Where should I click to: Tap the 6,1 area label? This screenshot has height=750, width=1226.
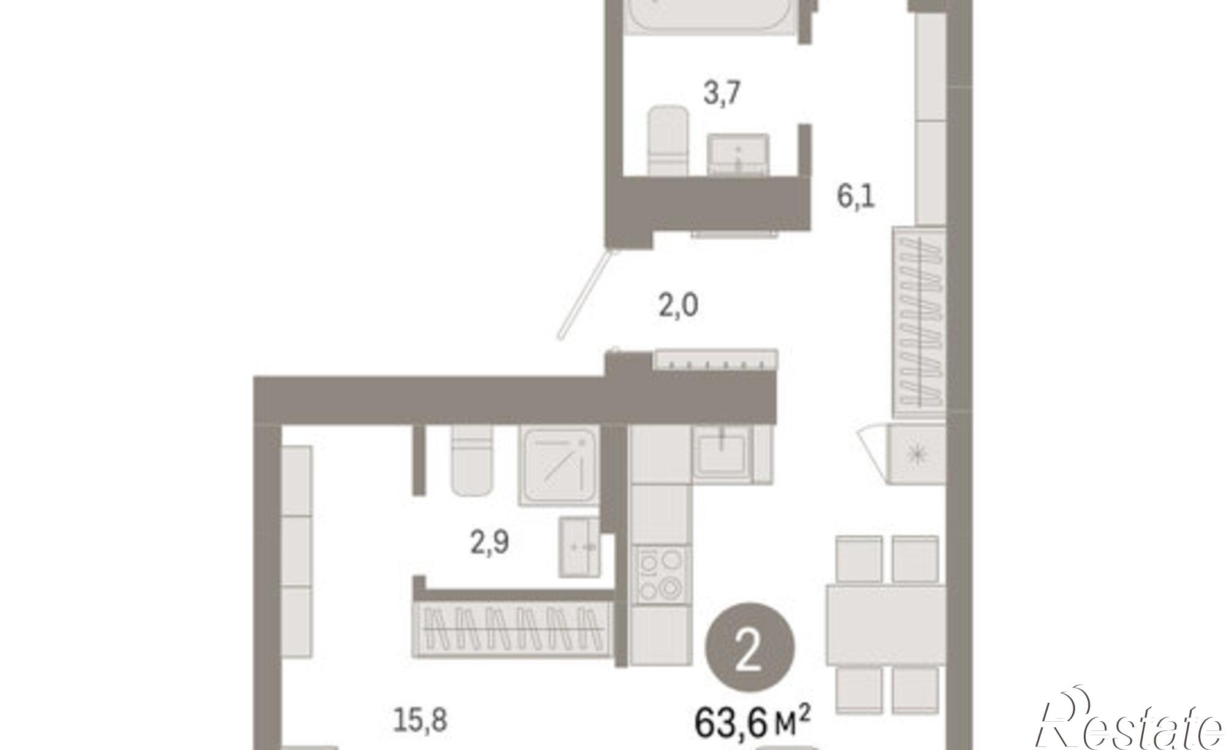[856, 197]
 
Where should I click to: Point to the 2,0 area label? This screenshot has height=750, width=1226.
[679, 305]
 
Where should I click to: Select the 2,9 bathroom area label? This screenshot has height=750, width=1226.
[490, 543]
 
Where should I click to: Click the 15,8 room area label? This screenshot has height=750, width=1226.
[420, 721]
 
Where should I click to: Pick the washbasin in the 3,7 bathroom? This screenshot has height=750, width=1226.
[738, 155]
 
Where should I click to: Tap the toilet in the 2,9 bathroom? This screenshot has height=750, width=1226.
[471, 461]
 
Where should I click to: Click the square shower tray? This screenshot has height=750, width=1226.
[558, 466]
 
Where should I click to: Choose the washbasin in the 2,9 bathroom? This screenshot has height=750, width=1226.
[579, 546]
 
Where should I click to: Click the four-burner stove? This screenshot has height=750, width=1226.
[660, 575]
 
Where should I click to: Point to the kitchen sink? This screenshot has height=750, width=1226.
[723, 452]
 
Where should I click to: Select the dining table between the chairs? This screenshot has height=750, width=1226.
[886, 624]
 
